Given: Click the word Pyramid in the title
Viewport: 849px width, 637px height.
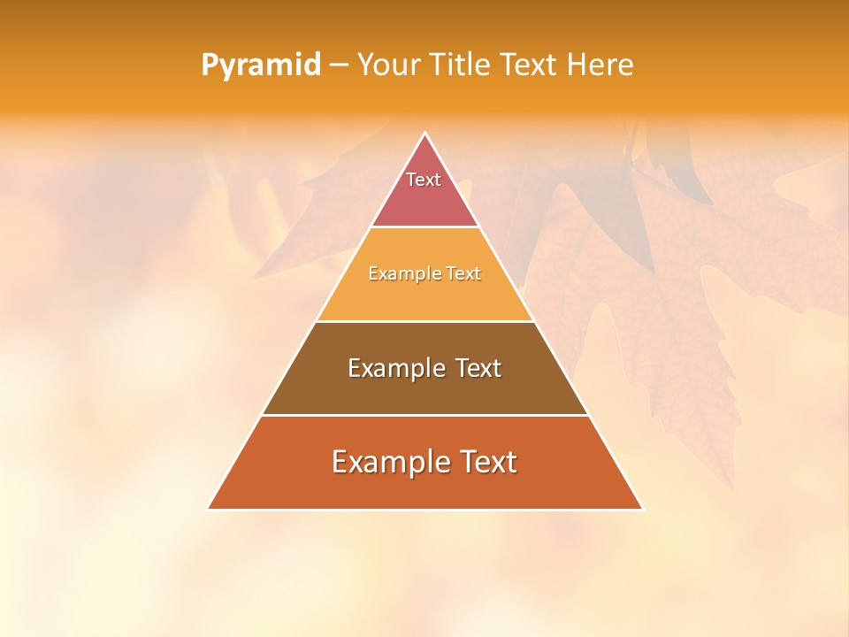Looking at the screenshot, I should point(260,65).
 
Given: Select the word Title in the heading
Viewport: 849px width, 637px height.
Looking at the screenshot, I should point(461,65).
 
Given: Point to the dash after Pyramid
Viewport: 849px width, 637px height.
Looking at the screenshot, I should point(338,65).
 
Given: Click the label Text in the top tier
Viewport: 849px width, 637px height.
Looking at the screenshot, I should point(424,180).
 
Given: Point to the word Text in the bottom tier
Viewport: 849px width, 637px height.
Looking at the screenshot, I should point(486,462).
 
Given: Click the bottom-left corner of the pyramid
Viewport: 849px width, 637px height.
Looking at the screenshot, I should point(209,509).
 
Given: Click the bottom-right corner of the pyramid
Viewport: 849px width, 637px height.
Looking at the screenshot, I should point(642,509).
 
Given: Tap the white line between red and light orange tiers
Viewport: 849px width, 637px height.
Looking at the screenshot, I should point(424,227).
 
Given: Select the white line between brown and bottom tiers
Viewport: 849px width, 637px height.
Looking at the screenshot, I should point(424,415).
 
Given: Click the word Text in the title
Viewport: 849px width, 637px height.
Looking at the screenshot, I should point(532,65).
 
